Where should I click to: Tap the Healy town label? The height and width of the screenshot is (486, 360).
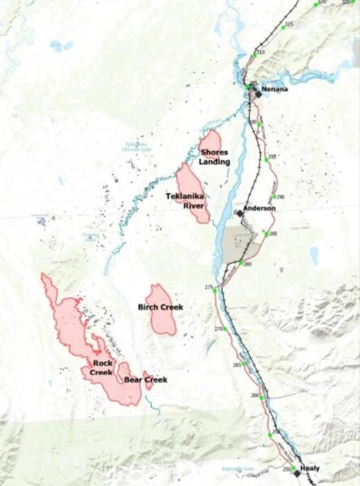310,468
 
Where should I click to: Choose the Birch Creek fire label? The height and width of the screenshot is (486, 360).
161,307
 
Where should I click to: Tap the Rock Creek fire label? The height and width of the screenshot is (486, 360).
101,368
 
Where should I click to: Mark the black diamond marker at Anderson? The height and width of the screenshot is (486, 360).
238,213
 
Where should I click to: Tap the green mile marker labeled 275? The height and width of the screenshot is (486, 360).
215,289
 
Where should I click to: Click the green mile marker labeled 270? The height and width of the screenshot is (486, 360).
228,330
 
